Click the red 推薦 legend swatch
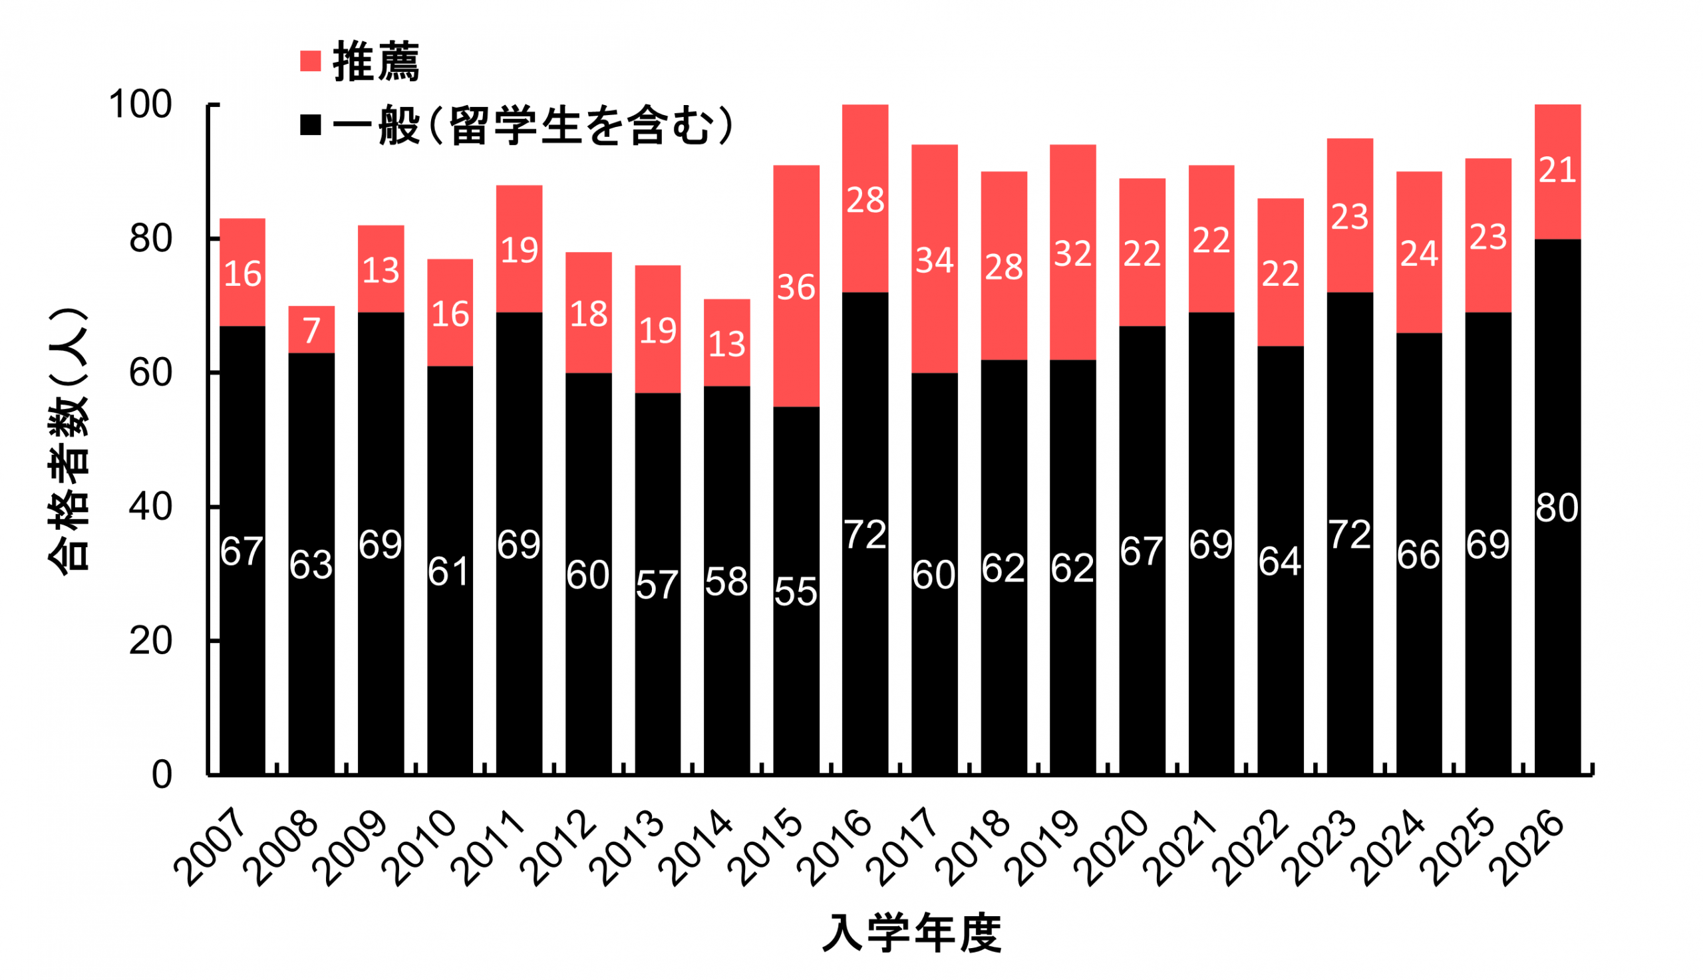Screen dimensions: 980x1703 click(310, 61)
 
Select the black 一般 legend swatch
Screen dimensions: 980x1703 click(310, 125)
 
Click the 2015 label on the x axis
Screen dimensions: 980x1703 click(770, 850)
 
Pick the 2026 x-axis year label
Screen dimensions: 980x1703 click(1529, 850)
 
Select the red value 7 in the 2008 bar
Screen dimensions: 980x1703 click(311, 330)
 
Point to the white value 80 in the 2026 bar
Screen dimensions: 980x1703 click(1557, 508)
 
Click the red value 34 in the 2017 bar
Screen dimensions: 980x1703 click(934, 261)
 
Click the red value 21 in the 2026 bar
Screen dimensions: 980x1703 click(1557, 170)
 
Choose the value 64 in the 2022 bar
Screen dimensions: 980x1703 click(1279, 562)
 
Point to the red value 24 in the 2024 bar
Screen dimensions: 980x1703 click(1419, 255)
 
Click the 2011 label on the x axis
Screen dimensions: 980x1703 click(493, 850)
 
